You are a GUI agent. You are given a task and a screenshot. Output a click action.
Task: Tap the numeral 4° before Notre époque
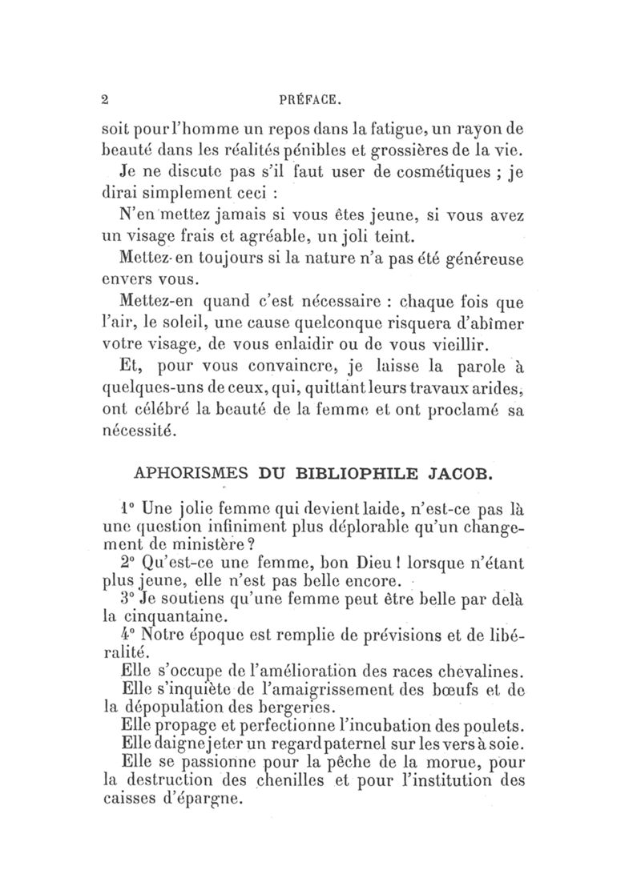(x=126, y=636)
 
